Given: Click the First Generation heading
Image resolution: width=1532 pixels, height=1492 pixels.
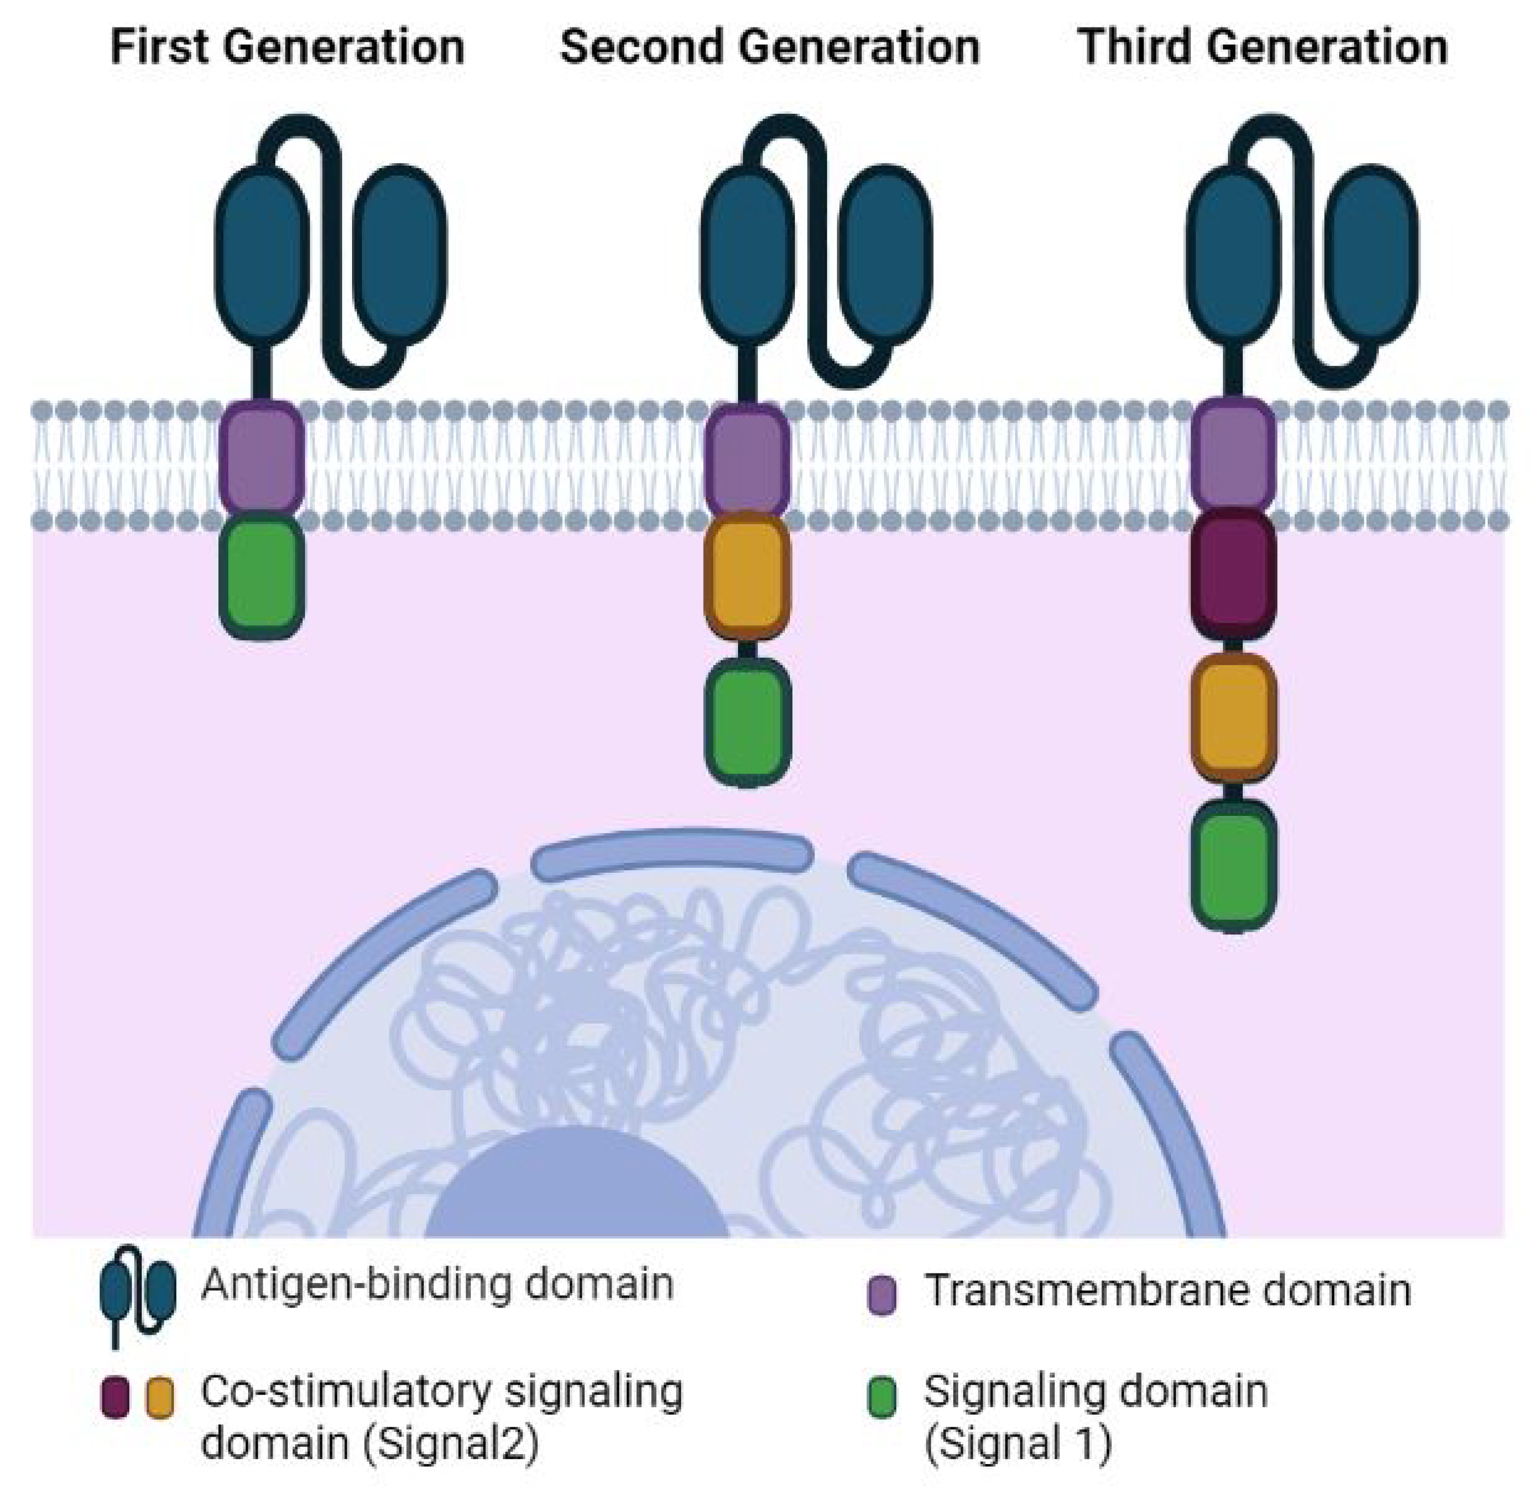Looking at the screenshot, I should click(x=287, y=47).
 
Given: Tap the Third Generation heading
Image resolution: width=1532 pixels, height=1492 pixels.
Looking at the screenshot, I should click(x=1262, y=47).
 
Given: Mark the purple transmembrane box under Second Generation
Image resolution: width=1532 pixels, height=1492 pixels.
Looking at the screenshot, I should click(x=747, y=459).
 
